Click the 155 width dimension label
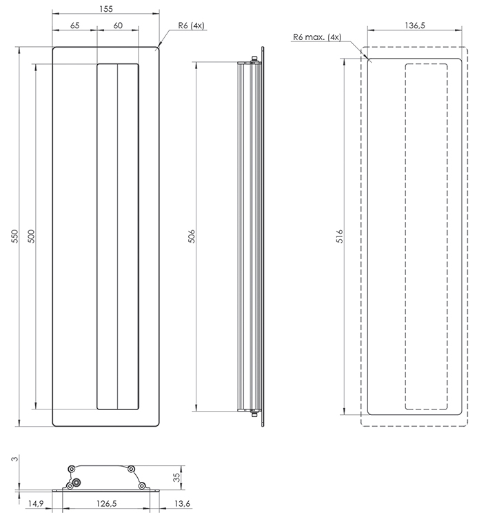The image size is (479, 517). [x=106, y=9]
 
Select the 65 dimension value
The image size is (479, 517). [x=75, y=26]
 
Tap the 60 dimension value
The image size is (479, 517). [x=118, y=26]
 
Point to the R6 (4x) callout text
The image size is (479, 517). [x=191, y=26]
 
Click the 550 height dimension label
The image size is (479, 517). [x=15, y=236]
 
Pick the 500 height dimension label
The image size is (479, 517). [x=31, y=236]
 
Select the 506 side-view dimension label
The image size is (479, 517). [x=192, y=236]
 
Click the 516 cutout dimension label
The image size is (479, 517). [x=340, y=236]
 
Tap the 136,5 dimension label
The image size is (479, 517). [x=415, y=26]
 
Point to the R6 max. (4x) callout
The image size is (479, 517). [x=317, y=37]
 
